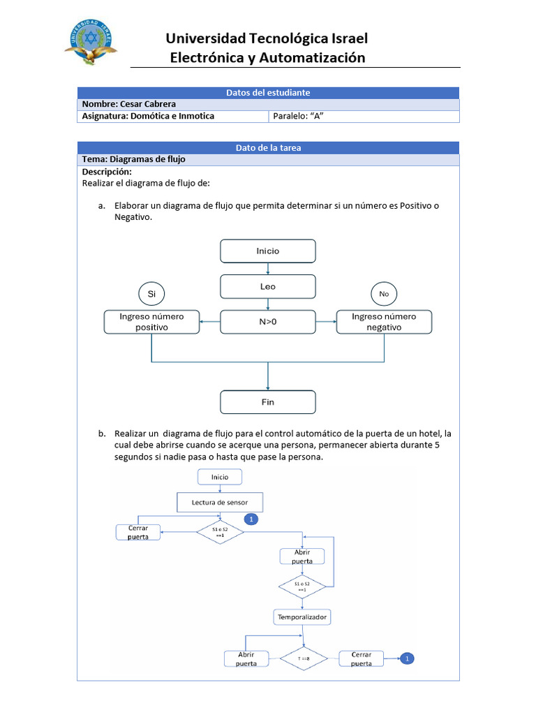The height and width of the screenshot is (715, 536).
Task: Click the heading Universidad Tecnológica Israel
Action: pos(267,38)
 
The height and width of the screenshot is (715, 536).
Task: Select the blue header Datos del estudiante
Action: pos(268,92)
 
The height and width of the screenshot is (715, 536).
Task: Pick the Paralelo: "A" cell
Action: pos(301,116)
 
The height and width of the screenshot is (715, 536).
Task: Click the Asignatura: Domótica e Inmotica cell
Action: pos(148,116)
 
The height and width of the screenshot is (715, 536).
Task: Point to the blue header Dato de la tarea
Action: pos(268,147)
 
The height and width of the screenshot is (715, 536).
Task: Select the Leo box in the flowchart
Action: pos(268,286)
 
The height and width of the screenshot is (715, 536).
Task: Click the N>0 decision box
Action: pos(268,322)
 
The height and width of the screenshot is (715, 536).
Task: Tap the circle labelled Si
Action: pos(151,294)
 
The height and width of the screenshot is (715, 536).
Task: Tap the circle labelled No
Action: pos(384,294)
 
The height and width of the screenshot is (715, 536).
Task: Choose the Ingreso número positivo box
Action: pos(151,322)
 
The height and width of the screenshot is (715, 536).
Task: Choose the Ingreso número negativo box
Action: pos(384,322)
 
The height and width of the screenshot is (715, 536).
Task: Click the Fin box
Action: pos(268,402)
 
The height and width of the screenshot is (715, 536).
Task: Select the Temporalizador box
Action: pos(302,617)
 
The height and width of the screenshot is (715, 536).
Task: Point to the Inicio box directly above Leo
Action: pos(268,251)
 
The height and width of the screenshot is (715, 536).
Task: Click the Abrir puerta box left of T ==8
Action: pos(246,658)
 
